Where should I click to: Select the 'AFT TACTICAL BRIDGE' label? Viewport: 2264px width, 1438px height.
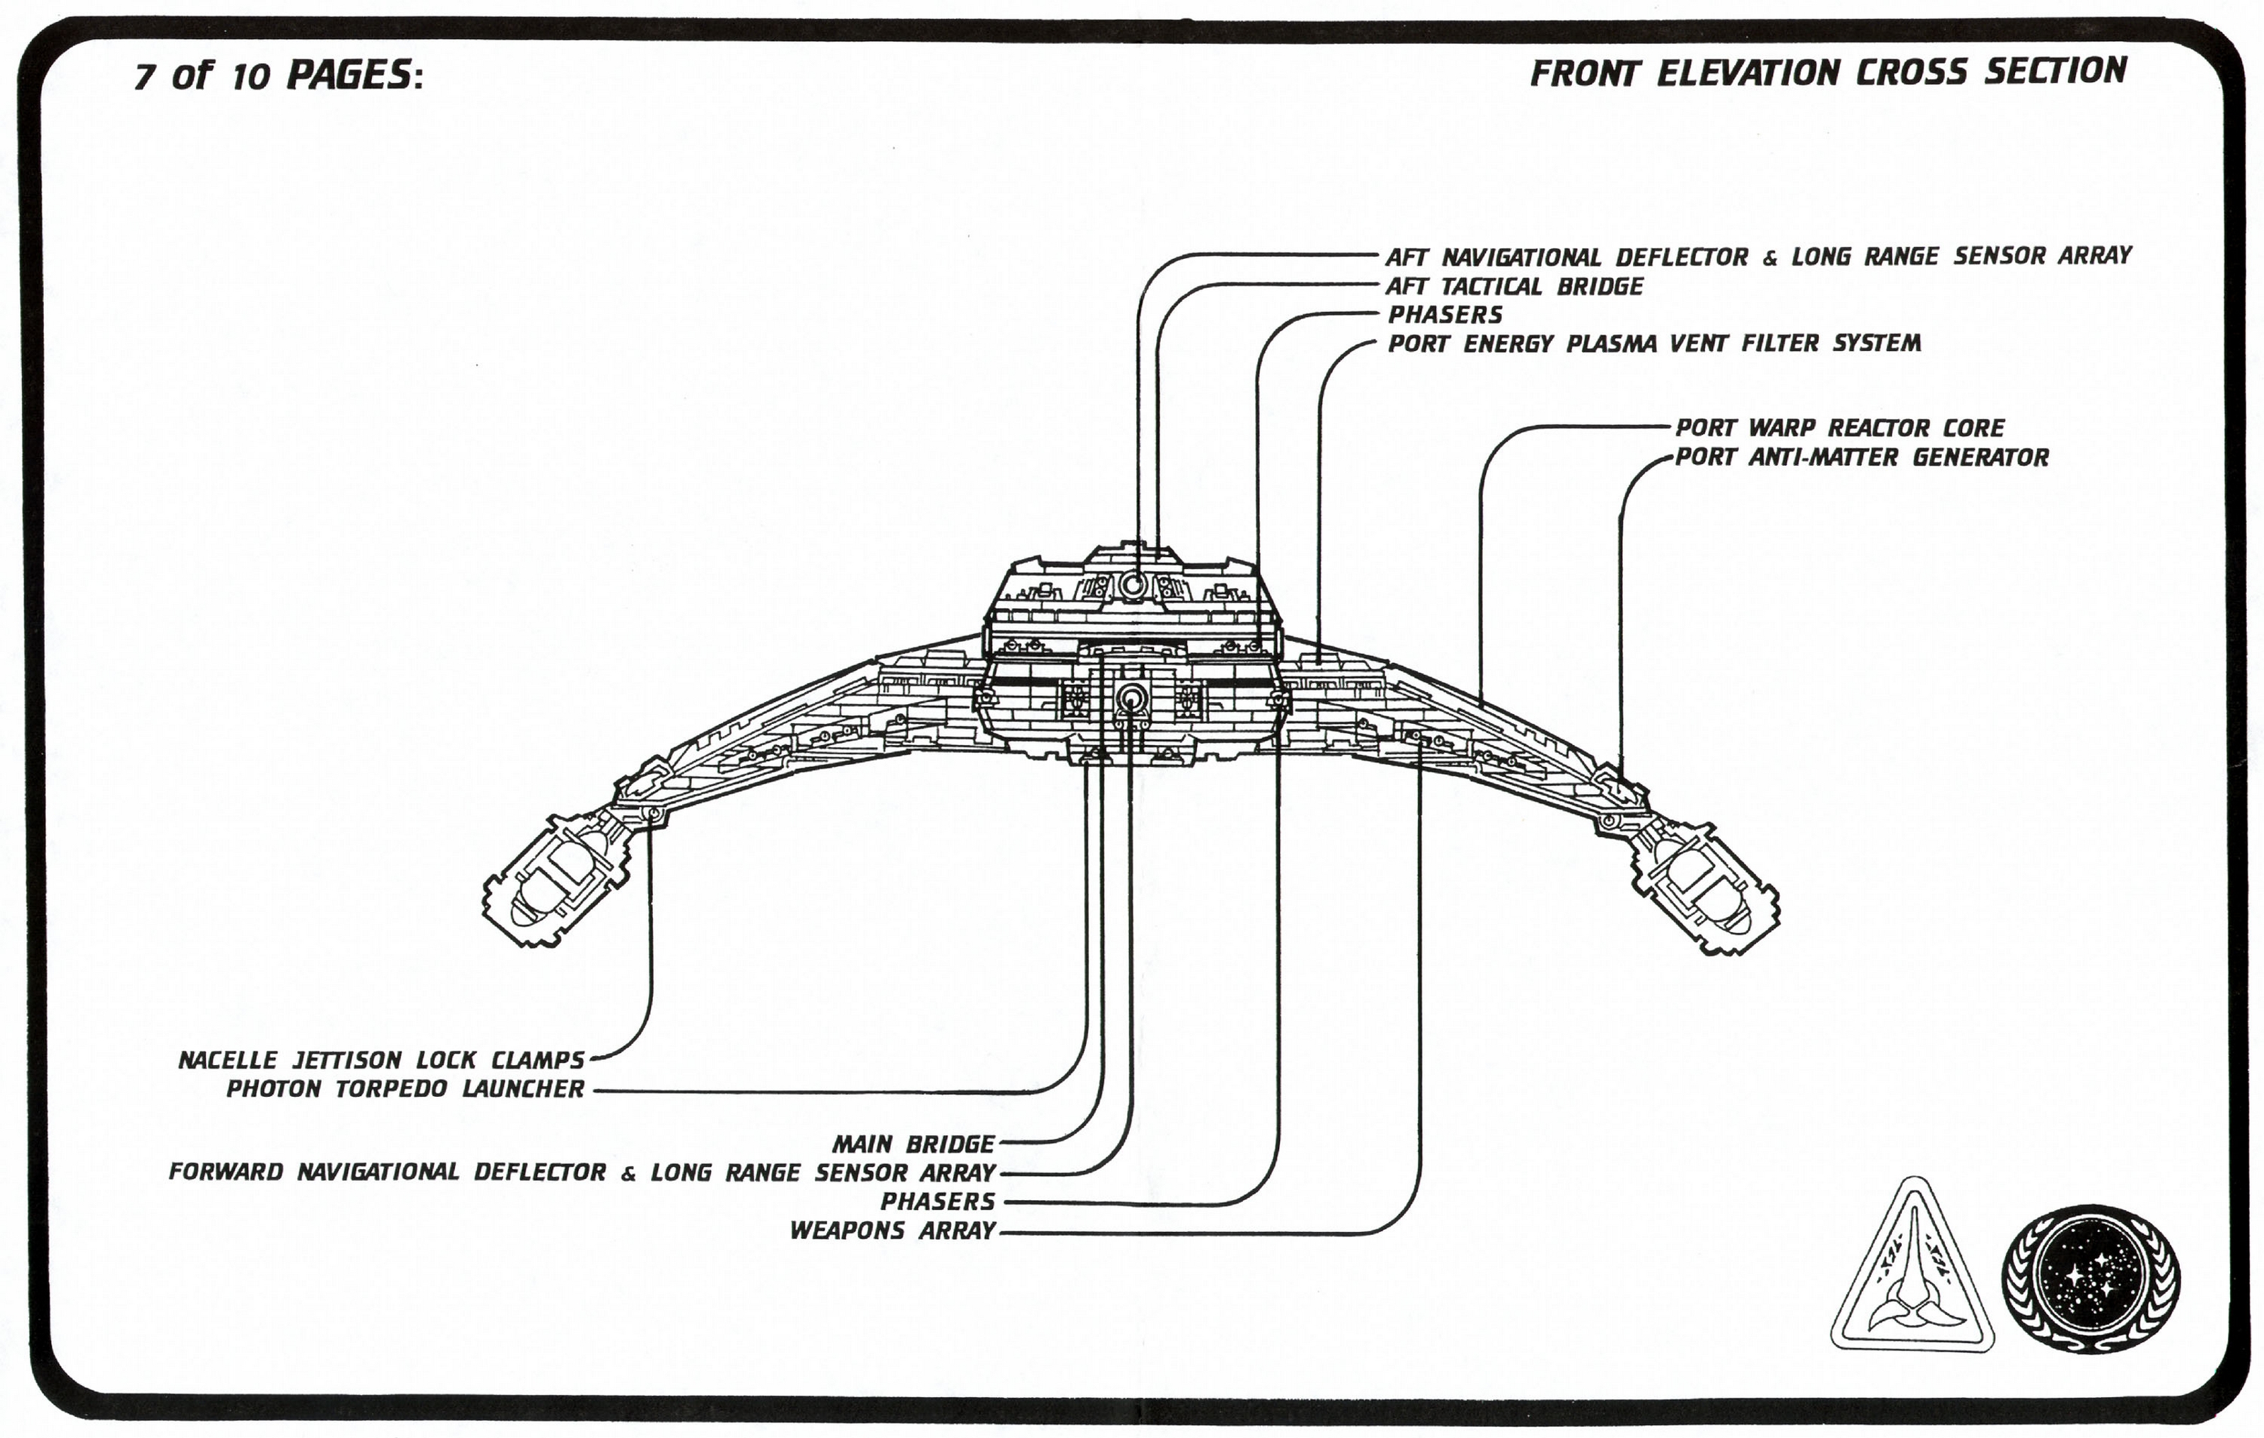[1514, 286]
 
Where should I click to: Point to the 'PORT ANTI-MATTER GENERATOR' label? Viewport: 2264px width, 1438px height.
[1861, 457]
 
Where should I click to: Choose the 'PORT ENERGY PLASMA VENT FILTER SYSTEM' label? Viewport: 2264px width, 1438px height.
[1654, 343]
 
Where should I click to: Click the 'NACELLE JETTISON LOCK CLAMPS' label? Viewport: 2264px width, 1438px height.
[382, 1060]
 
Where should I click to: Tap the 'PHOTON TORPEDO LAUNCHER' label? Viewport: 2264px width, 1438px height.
[405, 1089]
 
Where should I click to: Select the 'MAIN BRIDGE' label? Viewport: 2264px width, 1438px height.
[913, 1144]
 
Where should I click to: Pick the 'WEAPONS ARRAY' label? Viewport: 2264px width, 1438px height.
[892, 1230]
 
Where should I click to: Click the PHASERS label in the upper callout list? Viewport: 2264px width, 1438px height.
[1445, 314]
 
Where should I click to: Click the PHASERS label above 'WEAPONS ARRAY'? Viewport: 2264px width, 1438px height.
[937, 1201]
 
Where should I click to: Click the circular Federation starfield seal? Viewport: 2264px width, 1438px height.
[2090, 1279]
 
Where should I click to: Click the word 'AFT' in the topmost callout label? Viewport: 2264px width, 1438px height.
[1406, 257]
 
